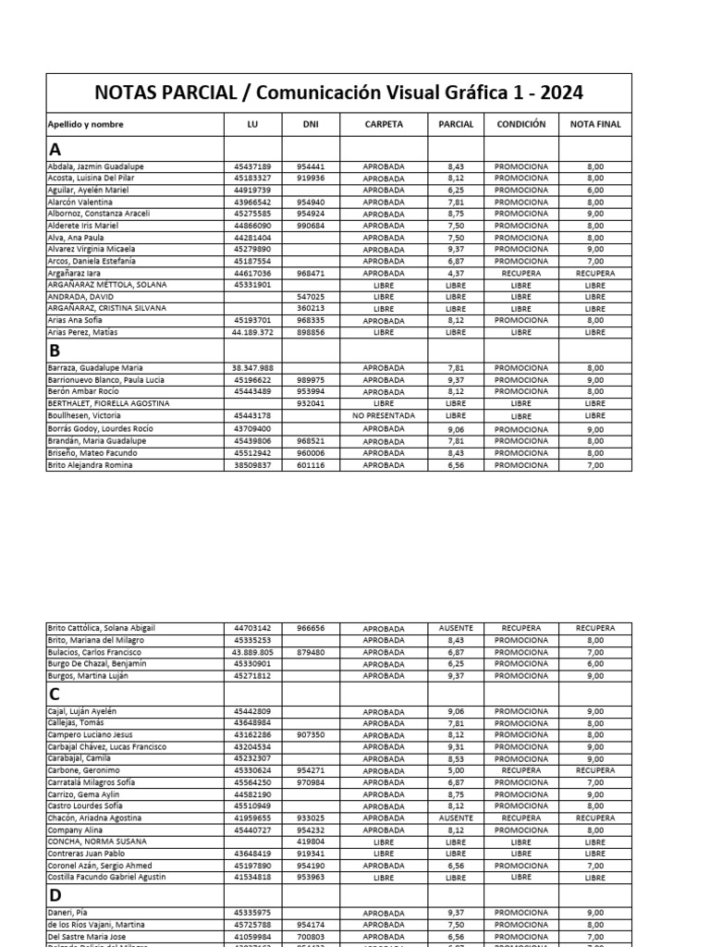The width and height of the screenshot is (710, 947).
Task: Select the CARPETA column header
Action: [x=383, y=124]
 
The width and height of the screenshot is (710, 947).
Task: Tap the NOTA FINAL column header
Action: [x=595, y=124]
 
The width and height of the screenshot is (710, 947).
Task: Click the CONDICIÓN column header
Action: [x=520, y=124]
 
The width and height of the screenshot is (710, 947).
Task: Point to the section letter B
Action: [x=55, y=351]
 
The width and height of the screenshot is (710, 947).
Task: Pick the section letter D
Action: [x=55, y=894]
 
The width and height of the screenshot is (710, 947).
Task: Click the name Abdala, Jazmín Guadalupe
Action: [x=95, y=166]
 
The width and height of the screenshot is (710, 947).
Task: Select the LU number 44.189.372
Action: [x=251, y=332]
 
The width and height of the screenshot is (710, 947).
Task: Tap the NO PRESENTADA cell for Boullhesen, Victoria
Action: [x=383, y=416]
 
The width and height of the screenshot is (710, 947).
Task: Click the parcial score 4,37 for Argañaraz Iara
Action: [x=455, y=274]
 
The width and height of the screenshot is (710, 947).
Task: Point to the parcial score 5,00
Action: [x=455, y=770]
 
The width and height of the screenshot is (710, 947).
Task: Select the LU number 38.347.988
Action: [x=251, y=368]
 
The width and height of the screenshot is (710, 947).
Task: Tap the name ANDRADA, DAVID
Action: [x=80, y=297]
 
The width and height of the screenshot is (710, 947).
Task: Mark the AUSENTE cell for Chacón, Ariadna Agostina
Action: [x=455, y=818]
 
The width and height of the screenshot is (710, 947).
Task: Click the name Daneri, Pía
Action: [x=69, y=913]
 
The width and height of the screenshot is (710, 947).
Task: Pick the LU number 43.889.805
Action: [x=251, y=652]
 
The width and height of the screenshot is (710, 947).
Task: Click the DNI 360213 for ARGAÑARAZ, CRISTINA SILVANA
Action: [x=310, y=309]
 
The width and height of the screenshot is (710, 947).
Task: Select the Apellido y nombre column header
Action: [x=85, y=124]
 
